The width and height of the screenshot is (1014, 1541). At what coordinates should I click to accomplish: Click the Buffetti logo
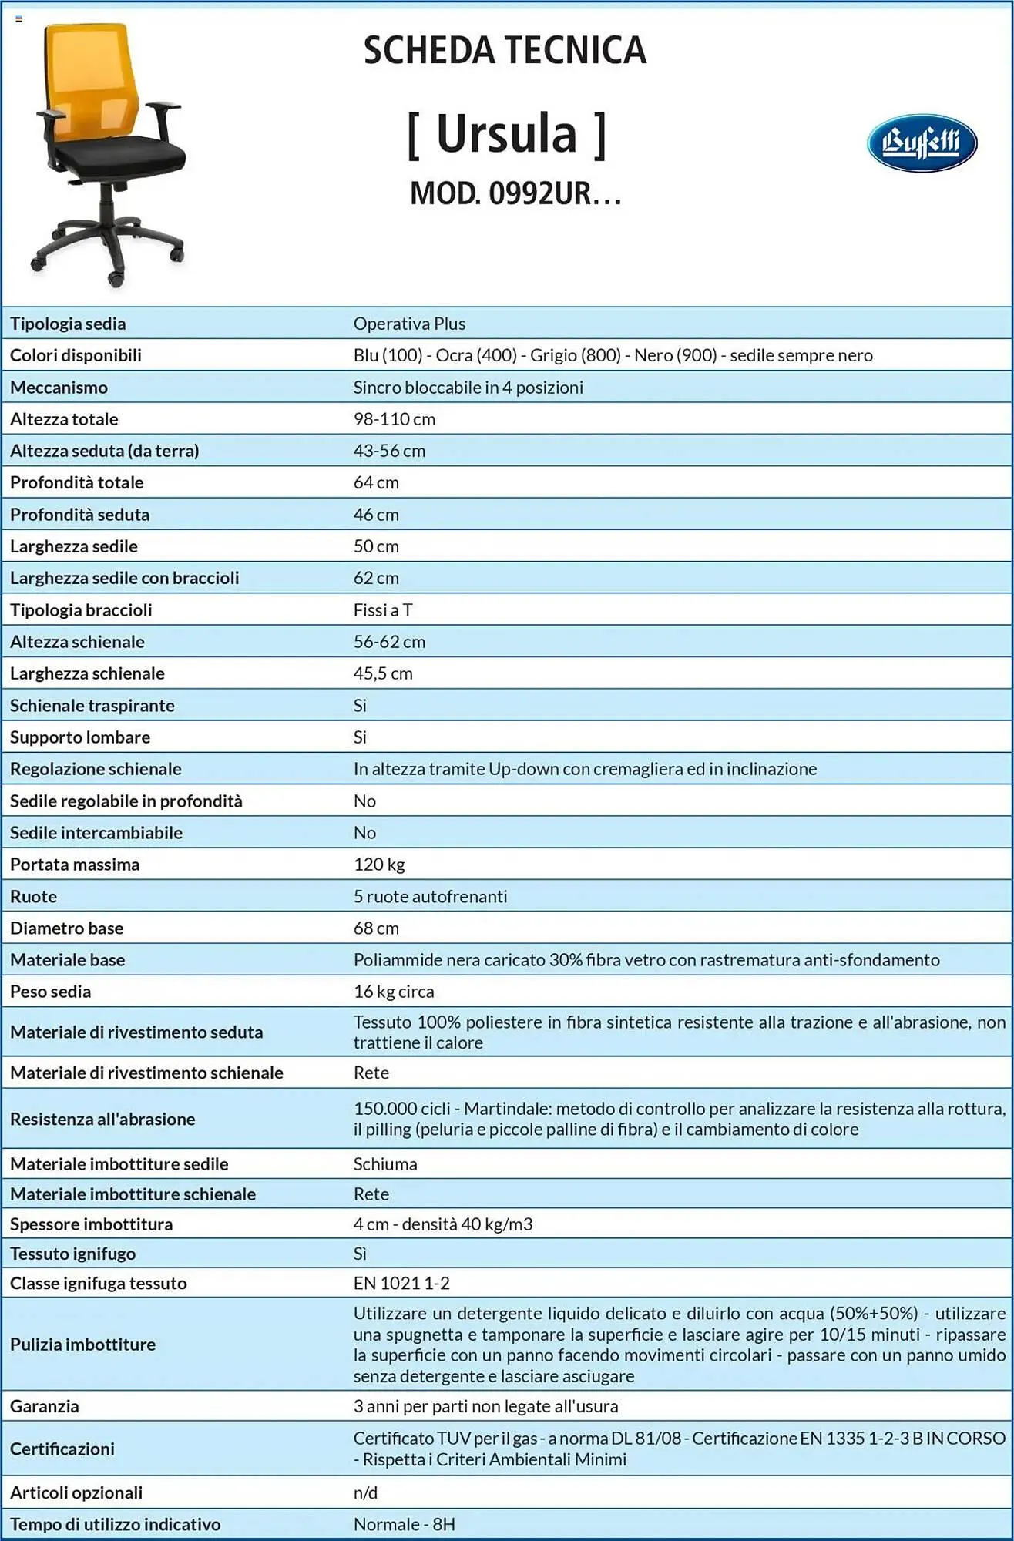(922, 143)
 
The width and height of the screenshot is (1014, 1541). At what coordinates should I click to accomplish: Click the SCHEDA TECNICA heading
(505, 51)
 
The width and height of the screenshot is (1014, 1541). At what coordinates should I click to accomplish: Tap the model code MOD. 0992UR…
(515, 193)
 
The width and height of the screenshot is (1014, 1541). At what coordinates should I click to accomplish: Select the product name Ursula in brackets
(506, 134)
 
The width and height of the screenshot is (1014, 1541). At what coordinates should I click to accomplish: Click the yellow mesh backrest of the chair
(91, 77)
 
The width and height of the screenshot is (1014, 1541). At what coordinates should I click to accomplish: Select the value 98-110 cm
(394, 419)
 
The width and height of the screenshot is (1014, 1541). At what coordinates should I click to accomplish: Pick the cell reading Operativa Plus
(409, 324)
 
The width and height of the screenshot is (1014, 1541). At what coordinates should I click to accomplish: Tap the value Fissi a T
(382, 610)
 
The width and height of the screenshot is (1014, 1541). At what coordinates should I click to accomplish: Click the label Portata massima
(75, 865)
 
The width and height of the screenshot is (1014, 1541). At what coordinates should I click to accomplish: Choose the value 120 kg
(378, 865)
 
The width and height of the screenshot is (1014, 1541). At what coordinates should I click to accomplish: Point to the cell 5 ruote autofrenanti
(430, 896)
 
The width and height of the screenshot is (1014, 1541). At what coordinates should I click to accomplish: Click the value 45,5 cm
(382, 673)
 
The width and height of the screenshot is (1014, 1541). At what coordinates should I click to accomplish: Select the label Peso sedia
(50, 992)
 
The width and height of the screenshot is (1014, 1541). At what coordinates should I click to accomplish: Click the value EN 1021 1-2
(401, 1283)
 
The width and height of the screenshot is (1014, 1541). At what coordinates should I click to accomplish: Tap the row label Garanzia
(44, 1406)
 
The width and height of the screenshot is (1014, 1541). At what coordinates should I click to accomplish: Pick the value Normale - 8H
(404, 1524)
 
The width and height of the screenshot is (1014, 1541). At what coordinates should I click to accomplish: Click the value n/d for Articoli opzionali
(365, 1492)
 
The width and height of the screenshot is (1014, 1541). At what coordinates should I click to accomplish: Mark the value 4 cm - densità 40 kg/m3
(442, 1224)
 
